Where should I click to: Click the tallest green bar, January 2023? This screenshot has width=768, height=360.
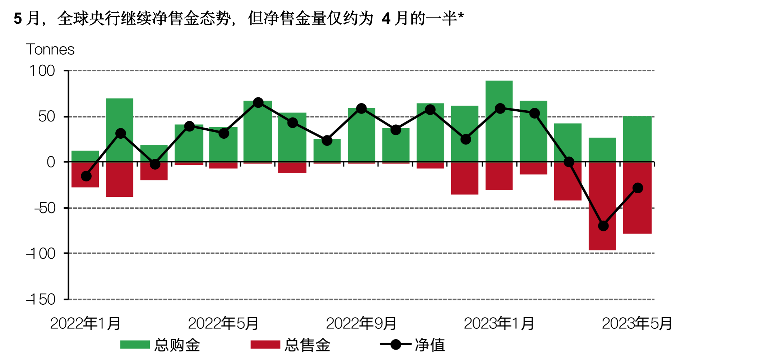(499, 121)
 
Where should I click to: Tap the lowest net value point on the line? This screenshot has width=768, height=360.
(603, 226)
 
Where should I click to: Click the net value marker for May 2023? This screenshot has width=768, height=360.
(638, 188)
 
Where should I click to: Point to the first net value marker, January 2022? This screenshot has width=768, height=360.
(86, 176)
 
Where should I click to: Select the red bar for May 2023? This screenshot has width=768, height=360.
(637, 212)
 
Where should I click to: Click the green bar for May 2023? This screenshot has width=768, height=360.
(637, 139)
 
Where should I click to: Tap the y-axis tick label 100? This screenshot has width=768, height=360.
(42, 71)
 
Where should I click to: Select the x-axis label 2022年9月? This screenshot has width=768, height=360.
(361, 323)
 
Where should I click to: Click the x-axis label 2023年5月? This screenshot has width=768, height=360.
(637, 323)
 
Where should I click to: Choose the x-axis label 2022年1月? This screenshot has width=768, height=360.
(85, 323)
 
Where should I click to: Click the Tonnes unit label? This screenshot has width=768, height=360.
(50, 50)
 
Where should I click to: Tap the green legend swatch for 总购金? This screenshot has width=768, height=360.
(135, 345)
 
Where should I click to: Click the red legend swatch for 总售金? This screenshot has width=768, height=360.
(265, 345)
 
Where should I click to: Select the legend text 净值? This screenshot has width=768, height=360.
(430, 345)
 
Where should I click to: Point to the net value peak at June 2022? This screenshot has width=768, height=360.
(258, 103)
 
